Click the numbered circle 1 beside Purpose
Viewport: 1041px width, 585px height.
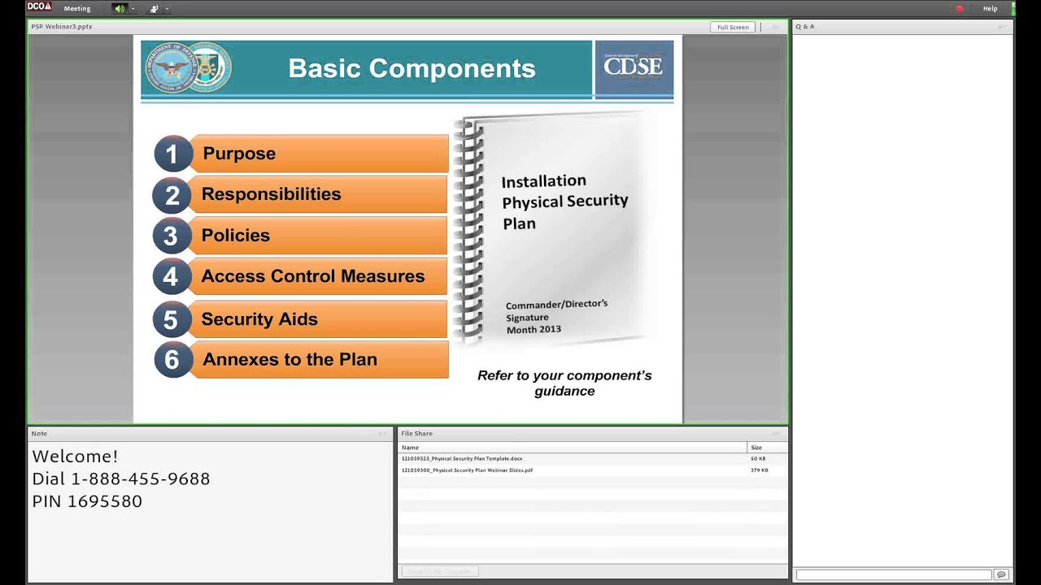pyautogui.click(x=172, y=154)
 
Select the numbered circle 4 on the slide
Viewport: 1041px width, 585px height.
pyautogui.click(x=171, y=277)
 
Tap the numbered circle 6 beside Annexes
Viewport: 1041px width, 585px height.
pyautogui.click(x=172, y=360)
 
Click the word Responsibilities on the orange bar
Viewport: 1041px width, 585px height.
pyautogui.click(x=271, y=194)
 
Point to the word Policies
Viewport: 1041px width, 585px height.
pyautogui.click(x=235, y=236)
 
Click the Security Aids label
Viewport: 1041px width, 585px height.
pyautogui.click(x=259, y=319)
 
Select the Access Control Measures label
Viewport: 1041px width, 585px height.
pyautogui.click(x=312, y=276)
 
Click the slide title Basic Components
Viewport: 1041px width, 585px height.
pyautogui.click(x=412, y=68)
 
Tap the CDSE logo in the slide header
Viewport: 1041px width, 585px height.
pyautogui.click(x=634, y=67)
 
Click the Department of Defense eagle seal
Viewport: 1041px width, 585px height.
pyautogui.click(x=172, y=68)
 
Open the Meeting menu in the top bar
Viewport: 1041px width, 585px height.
pyautogui.click(x=77, y=8)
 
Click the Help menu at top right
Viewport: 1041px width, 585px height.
pyautogui.click(x=990, y=8)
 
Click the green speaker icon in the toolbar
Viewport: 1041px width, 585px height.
pyautogui.click(x=120, y=8)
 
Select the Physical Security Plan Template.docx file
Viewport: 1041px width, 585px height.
pyautogui.click(x=462, y=459)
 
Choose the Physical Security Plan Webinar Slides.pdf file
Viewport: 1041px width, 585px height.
pyautogui.click(x=467, y=470)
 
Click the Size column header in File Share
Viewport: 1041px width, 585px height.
pyautogui.click(x=756, y=448)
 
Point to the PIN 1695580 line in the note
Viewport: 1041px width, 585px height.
pyautogui.click(x=87, y=501)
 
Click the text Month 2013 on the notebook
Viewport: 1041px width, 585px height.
pyautogui.click(x=534, y=329)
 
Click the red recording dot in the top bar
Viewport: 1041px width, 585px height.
pyautogui.click(x=960, y=8)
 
